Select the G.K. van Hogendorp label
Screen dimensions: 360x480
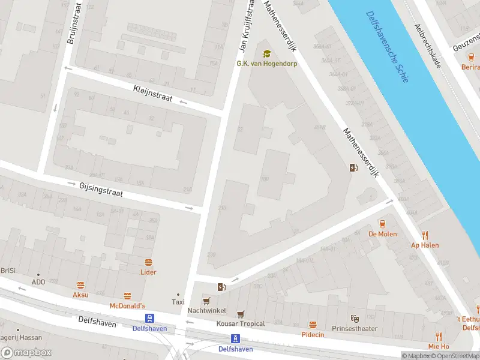(266, 64)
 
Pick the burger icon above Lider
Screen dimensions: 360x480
(148, 262)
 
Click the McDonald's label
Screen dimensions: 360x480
(127, 306)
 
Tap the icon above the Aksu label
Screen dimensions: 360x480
(80, 285)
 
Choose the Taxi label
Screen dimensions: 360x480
(178, 302)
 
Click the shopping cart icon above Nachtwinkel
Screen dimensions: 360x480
(206, 301)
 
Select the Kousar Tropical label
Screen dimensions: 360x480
(241, 324)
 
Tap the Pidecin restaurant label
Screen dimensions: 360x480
(313, 334)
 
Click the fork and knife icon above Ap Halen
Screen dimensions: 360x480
(425, 235)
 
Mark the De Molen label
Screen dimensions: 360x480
(382, 234)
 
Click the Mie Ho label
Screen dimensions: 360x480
(439, 346)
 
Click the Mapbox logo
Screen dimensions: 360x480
(26, 353)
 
